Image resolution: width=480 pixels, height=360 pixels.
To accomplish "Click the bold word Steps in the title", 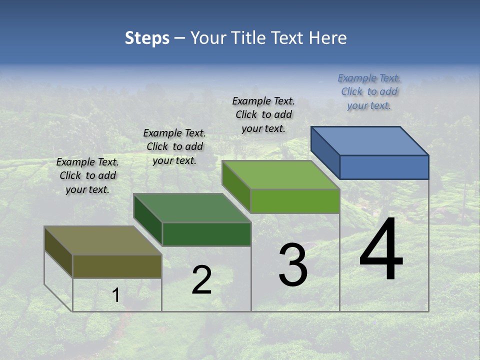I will tap(147, 38).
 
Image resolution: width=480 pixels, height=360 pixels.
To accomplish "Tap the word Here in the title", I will tap(328, 38).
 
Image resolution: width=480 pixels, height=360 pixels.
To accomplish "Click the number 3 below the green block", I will tap(293, 265).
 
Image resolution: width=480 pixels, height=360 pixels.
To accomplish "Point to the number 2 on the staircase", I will tap(201, 280).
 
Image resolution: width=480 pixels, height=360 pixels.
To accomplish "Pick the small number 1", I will tap(116, 295).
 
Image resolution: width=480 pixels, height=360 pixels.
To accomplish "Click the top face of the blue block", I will tap(370, 140).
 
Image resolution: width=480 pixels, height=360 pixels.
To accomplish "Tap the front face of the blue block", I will tap(384, 167).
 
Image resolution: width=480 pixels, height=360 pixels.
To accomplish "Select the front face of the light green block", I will tap(295, 201).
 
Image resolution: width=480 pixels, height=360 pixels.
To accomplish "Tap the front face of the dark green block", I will tap(206, 234).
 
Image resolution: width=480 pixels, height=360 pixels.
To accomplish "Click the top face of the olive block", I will tap(103, 240).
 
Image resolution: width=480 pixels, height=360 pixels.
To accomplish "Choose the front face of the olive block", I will tap(117, 266).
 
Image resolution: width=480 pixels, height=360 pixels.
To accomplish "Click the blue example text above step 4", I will tap(369, 91).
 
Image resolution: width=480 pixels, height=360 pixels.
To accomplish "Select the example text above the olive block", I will tap(87, 175).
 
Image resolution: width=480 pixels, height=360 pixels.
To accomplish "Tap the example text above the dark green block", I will tap(174, 146).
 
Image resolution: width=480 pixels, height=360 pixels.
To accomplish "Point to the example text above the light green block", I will tap(263, 114).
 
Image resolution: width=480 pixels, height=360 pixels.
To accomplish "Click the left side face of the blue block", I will tap(325, 152).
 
